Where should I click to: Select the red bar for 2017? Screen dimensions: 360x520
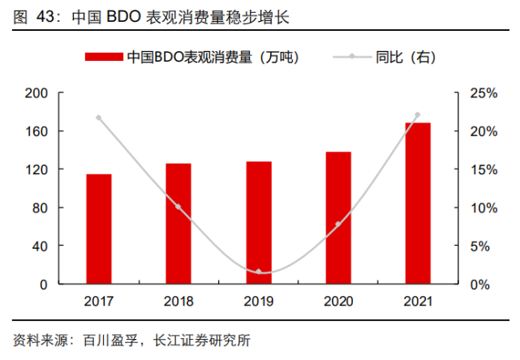(99, 229)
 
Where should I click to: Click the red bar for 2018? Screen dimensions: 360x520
(178, 224)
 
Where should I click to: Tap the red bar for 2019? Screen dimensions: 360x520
(259, 223)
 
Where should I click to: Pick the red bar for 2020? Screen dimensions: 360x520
(338, 218)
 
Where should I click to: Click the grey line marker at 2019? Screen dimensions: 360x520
(259, 272)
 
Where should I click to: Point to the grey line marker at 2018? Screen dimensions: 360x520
(178, 207)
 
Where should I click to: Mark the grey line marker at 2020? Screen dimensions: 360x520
(338, 224)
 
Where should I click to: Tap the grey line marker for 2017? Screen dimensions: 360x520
(99, 118)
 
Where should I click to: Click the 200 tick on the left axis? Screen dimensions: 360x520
(38, 93)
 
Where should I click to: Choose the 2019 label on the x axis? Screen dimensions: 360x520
(259, 302)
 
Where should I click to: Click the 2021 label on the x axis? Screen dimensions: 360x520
(418, 302)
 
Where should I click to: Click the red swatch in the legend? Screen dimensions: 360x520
(104, 57)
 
